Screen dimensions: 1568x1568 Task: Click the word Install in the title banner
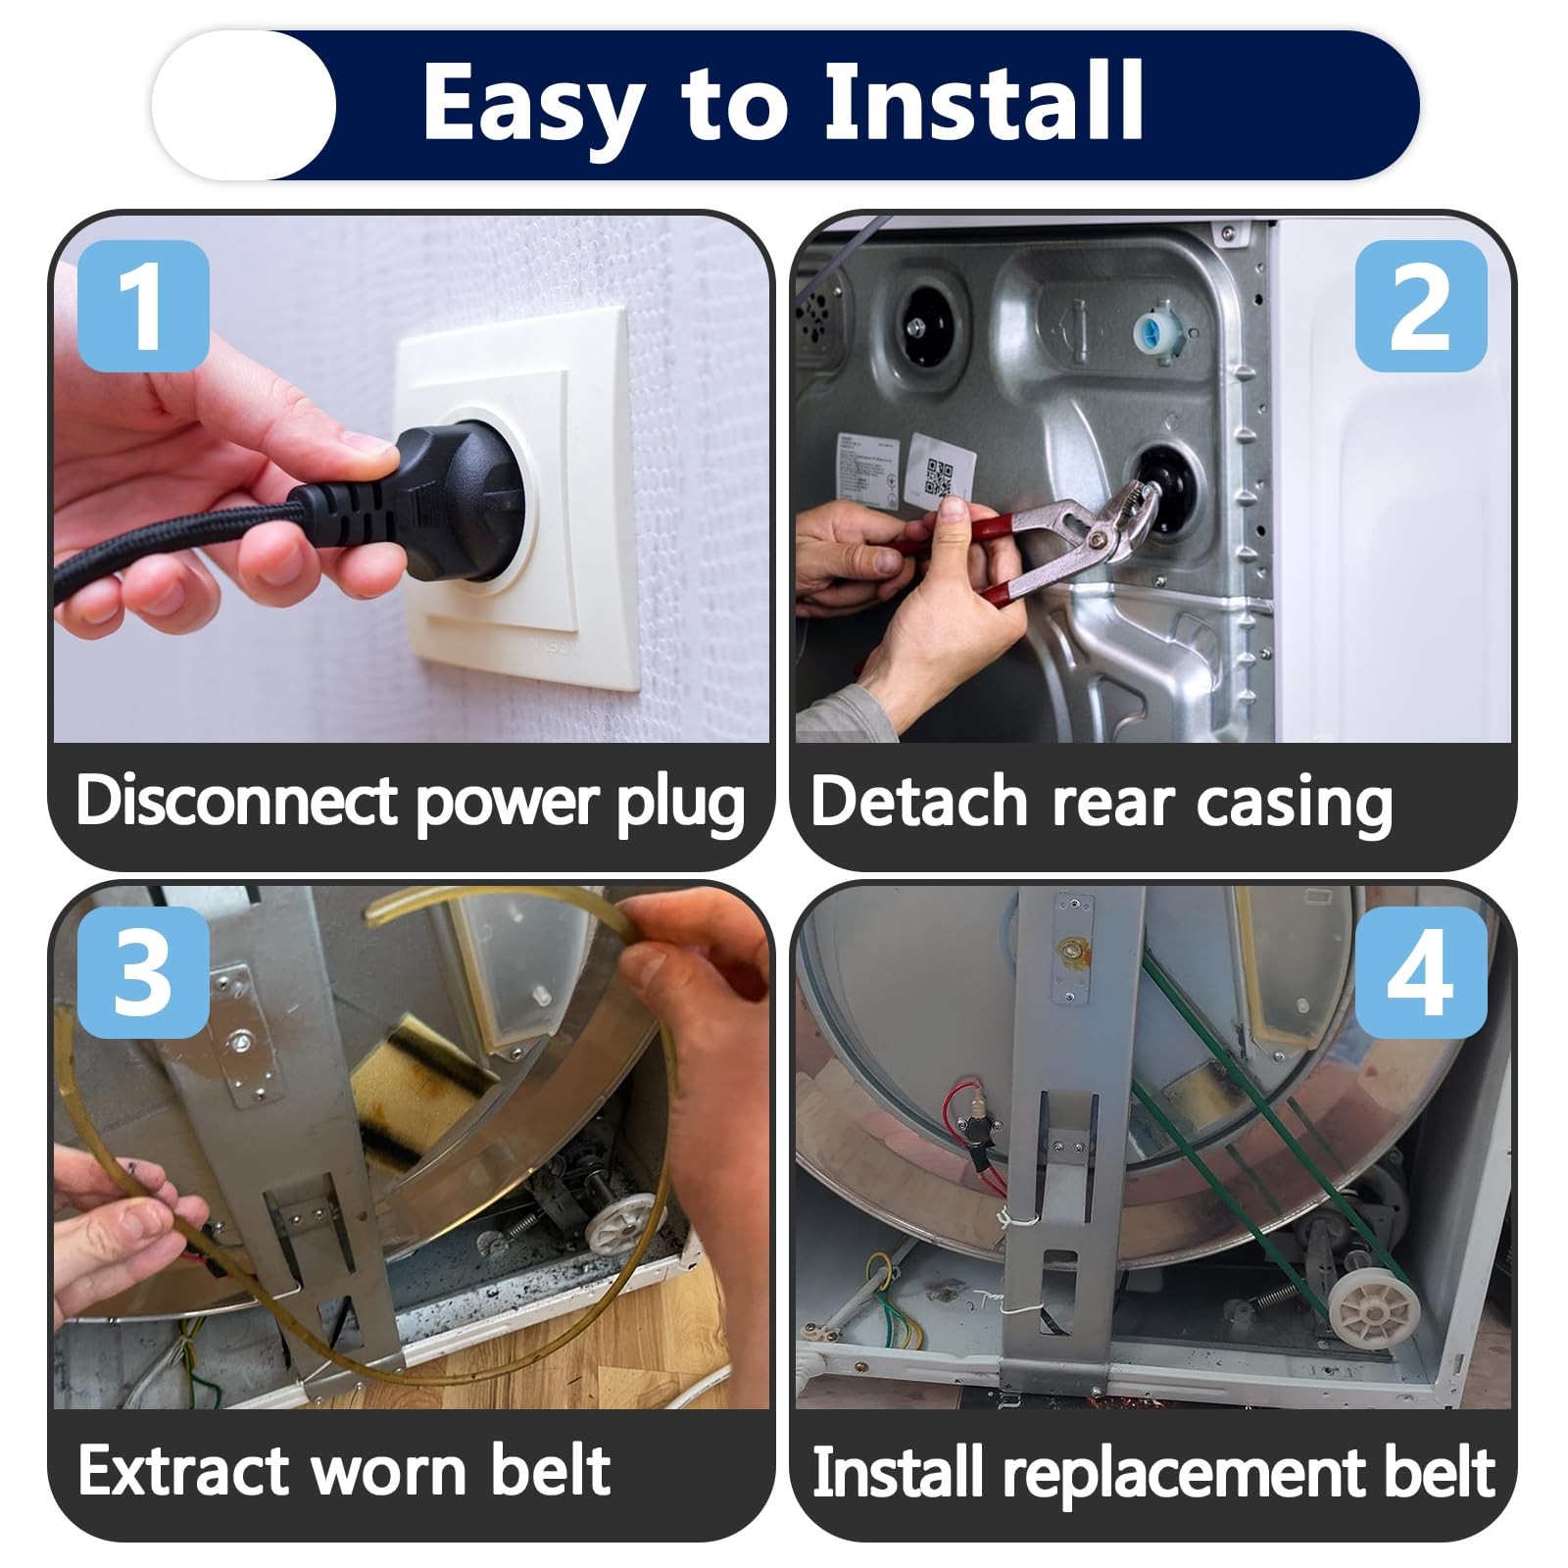pyautogui.click(x=984, y=101)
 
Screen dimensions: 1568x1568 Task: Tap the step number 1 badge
pyautogui.click(x=143, y=305)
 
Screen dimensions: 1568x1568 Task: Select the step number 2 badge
pyautogui.click(x=1420, y=305)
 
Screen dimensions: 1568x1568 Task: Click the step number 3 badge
pyautogui.click(x=143, y=972)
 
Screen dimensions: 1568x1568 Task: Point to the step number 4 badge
pyautogui.click(x=1420, y=972)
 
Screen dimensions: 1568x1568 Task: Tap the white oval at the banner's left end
pyautogui.click(x=243, y=105)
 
